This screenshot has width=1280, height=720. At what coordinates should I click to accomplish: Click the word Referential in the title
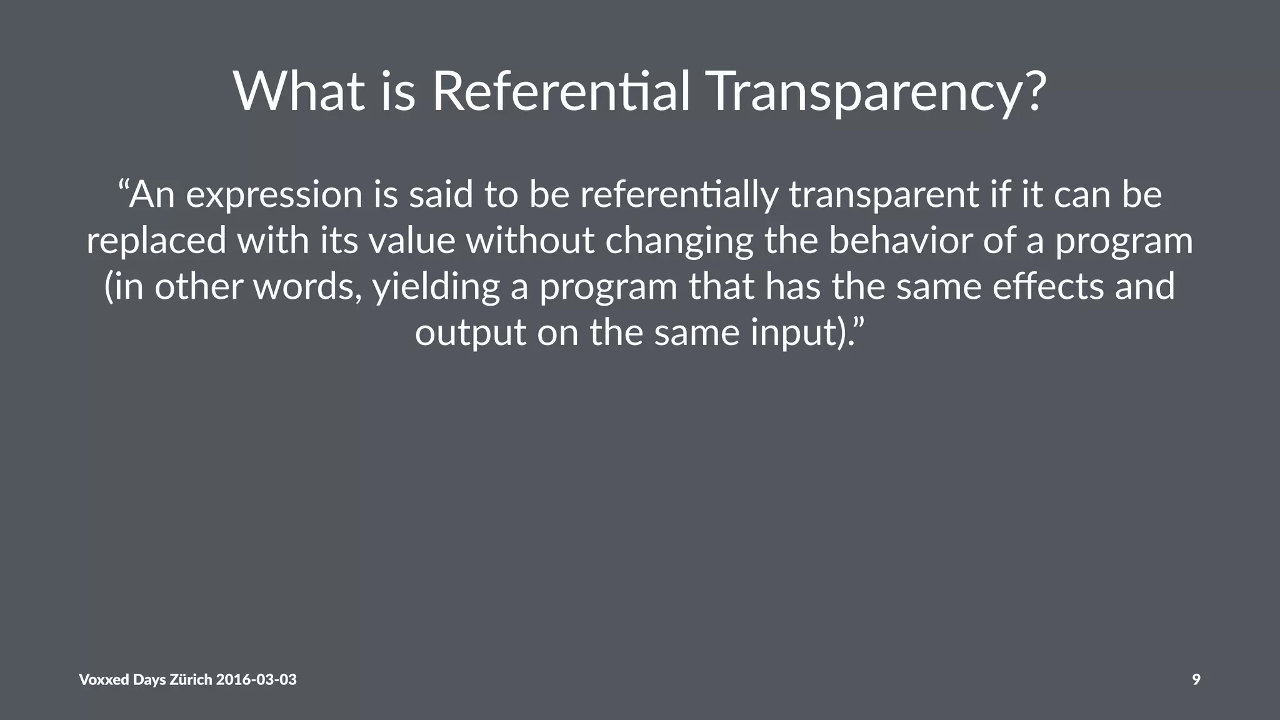coord(561,92)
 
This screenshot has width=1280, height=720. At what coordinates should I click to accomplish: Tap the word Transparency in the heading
coord(866,92)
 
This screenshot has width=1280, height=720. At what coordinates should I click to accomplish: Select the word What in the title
coord(299,92)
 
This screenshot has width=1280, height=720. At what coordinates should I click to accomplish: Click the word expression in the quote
coord(274,195)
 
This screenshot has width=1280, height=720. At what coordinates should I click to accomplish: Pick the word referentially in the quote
coord(679,195)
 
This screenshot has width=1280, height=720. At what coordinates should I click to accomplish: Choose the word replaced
coord(156,241)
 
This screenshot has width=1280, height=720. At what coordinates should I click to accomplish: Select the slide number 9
coord(1196,679)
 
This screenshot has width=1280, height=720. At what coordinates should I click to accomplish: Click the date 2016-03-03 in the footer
coord(256,679)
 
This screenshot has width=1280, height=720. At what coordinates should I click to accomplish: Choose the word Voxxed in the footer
coord(104,679)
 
